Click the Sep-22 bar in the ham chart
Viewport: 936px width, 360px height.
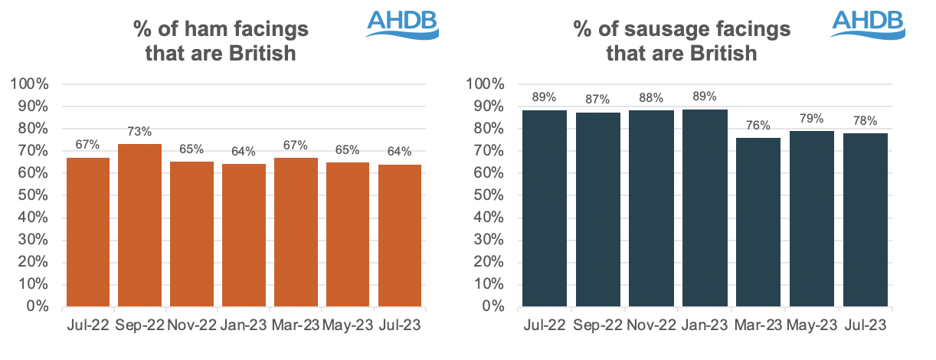point(139,225)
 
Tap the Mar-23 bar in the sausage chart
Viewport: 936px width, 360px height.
point(758,222)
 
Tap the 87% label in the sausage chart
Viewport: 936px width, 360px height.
point(598,99)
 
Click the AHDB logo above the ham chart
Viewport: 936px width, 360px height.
point(402,24)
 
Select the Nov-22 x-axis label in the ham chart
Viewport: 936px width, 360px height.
point(191,325)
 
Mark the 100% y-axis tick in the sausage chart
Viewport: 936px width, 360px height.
point(487,84)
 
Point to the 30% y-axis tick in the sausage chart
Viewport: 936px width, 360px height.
point(491,240)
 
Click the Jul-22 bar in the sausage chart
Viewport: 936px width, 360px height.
point(545,208)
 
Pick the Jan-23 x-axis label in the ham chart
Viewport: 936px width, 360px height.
point(244,325)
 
